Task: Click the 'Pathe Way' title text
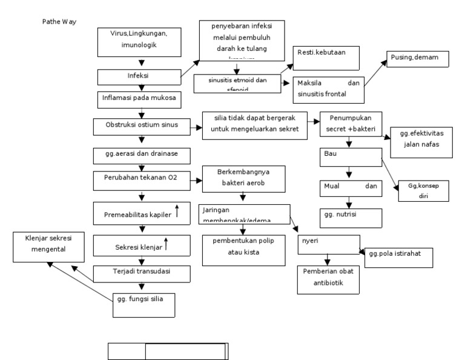click(x=59, y=22)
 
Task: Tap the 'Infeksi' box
click(x=140, y=77)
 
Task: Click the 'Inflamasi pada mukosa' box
click(x=140, y=97)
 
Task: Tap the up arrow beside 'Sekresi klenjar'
click(x=165, y=245)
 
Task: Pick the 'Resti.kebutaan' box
click(x=326, y=58)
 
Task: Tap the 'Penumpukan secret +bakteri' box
click(x=351, y=125)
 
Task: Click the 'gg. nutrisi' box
click(x=351, y=218)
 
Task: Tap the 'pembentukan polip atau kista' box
click(x=243, y=250)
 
